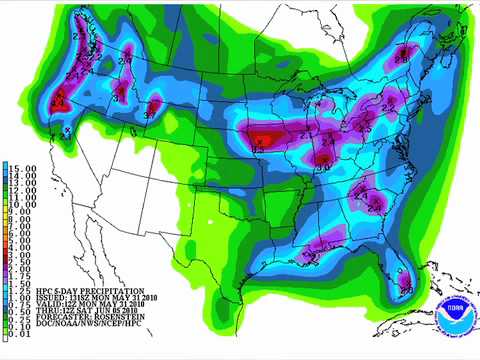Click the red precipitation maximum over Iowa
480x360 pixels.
pos(265,138)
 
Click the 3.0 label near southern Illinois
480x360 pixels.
pos(322,167)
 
